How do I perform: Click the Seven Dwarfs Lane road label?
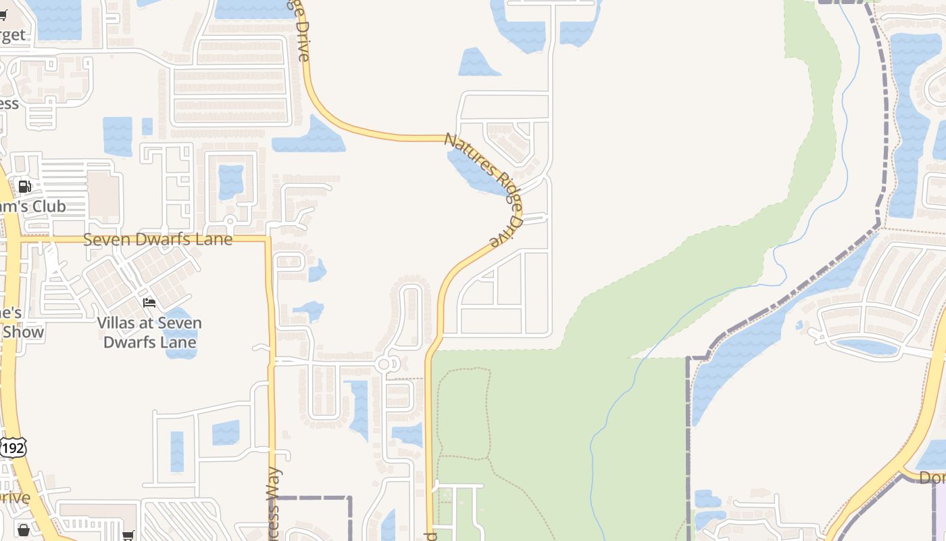(157, 239)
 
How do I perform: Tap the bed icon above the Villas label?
(149, 302)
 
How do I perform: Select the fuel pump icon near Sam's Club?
(25, 187)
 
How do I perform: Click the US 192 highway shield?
(13, 448)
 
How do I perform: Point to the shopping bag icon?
(24, 530)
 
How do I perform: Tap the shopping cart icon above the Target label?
(3, 14)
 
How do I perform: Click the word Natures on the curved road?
(466, 152)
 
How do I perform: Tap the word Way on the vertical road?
(273, 484)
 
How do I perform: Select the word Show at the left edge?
(23, 332)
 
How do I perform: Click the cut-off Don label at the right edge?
(932, 477)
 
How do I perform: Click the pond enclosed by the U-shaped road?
(230, 181)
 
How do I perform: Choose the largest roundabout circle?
(384, 364)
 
